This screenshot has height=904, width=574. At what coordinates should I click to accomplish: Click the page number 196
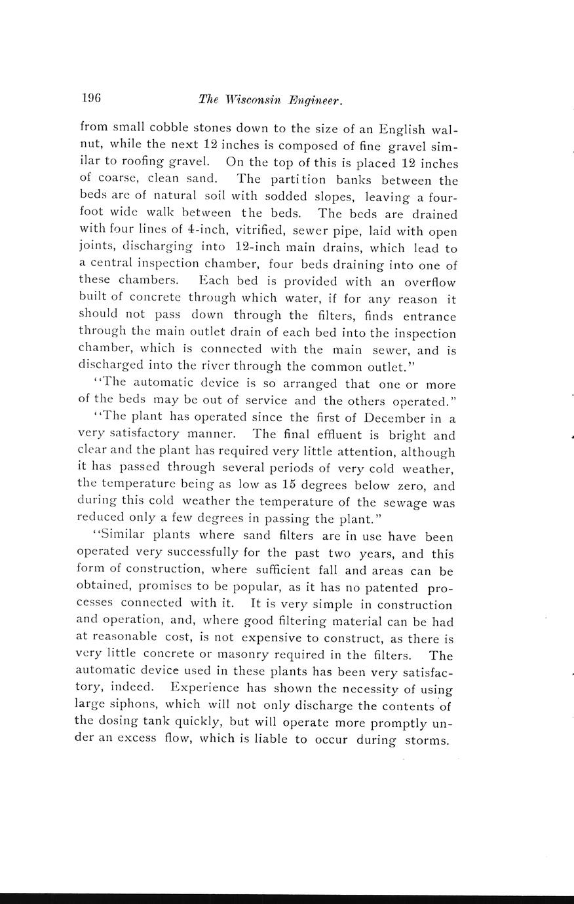pyautogui.click(x=91, y=98)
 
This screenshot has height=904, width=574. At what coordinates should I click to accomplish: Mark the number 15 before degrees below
pyautogui.click(x=293, y=485)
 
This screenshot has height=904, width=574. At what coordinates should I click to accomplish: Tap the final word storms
pyautogui.click(x=425, y=741)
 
